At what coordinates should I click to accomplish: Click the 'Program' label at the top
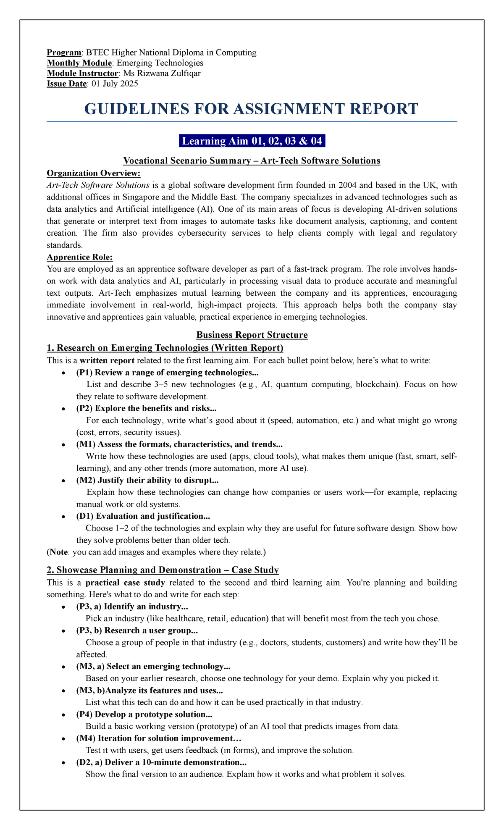[x=63, y=53]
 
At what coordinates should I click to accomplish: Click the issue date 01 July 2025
[x=114, y=84]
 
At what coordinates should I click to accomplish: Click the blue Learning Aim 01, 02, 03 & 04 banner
[x=252, y=141]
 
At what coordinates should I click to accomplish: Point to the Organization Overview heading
[x=94, y=173]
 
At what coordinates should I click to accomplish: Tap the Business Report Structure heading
[x=252, y=335]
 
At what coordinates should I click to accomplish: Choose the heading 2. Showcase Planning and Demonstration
[x=163, y=570]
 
